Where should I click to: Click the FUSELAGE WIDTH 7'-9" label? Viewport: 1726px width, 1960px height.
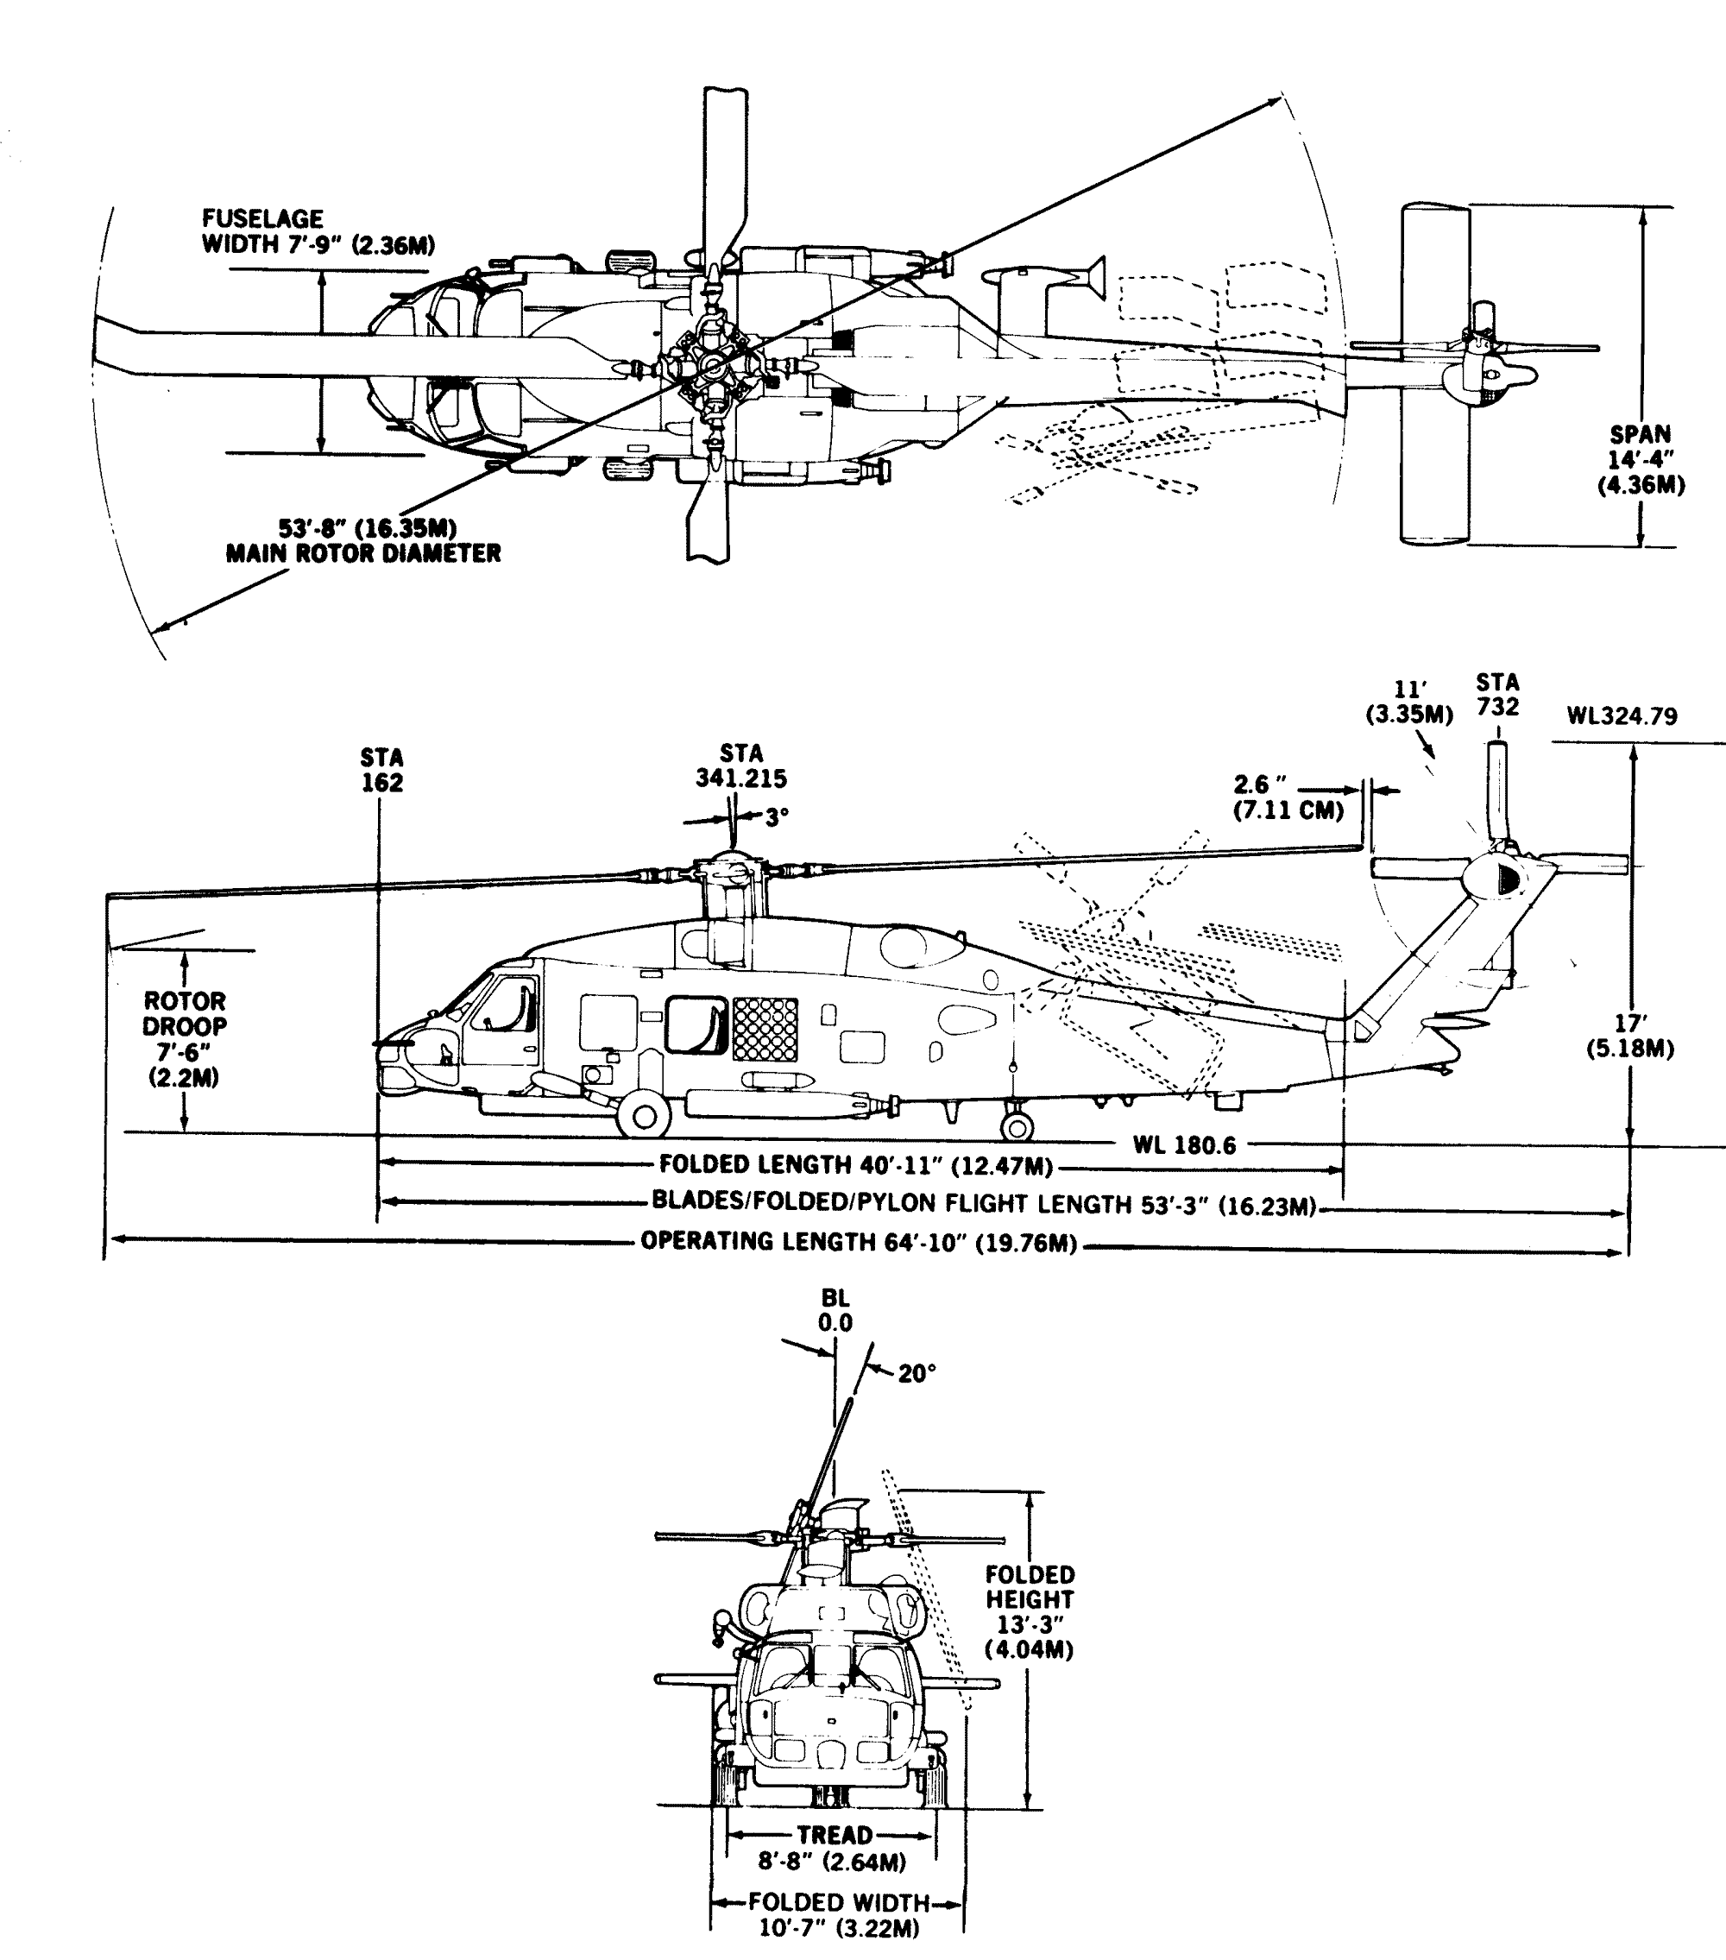coord(318,232)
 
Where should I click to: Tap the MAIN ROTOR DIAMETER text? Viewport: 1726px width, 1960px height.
coord(363,553)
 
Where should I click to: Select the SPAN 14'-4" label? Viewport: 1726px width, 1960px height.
coord(1641,459)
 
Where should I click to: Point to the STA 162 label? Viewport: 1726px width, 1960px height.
coord(381,771)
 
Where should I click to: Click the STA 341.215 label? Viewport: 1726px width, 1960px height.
coord(741,766)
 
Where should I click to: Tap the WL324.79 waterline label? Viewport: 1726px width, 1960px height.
coord(1622,716)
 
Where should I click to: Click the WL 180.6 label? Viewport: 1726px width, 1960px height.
coord(1184,1145)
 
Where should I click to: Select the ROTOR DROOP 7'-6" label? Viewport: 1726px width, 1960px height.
coord(184,1039)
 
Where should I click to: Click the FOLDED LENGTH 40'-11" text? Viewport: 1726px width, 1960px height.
coord(856,1166)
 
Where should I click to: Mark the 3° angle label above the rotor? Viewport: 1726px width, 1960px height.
coord(777,817)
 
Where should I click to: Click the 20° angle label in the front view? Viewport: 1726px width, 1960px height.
coord(917,1374)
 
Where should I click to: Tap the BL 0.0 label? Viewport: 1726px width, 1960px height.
coord(835,1310)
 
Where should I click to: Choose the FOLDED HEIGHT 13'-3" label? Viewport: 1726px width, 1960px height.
coord(1030,1612)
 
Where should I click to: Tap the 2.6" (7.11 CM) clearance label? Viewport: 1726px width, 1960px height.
coord(1288,797)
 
